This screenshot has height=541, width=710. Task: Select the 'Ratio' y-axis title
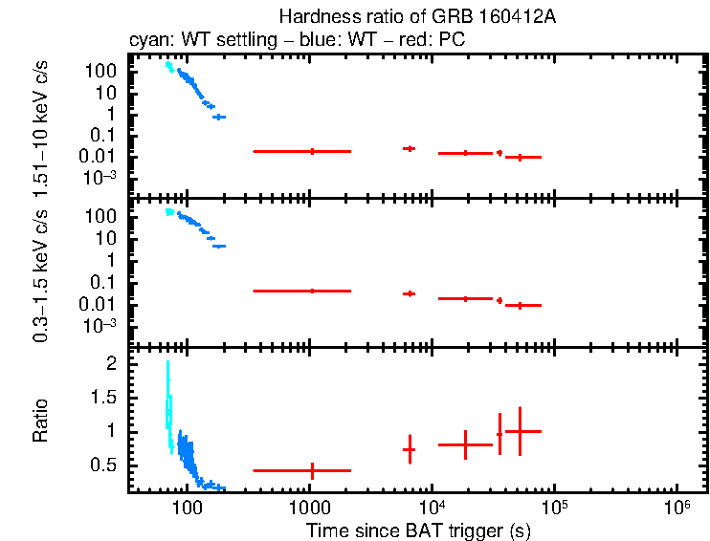pos(41,420)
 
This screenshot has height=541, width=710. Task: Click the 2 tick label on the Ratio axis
pos(111,364)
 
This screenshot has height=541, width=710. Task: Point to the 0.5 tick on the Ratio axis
pos(103,465)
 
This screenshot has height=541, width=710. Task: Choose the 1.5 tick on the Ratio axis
pos(103,398)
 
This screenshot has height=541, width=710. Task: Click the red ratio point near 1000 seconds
pos(312,470)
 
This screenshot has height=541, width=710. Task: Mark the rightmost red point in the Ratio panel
pos(520,431)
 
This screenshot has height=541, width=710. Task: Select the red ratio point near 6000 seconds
pos(410,449)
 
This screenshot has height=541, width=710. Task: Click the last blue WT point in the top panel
pos(218,117)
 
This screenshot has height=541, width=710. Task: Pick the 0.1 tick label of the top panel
pos(107,135)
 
